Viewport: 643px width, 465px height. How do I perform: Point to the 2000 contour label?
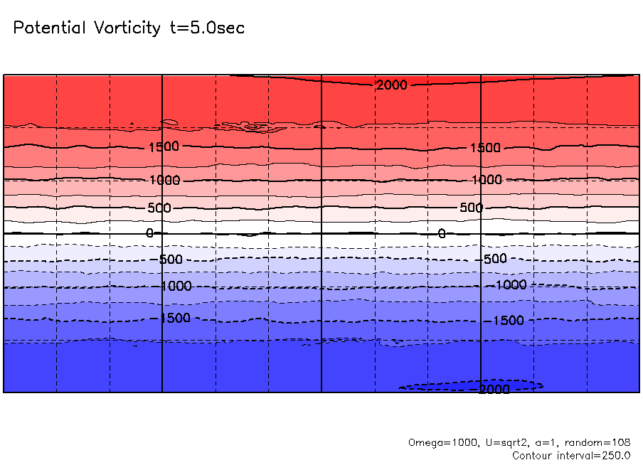(x=392, y=85)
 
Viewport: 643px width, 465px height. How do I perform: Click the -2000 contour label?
(x=494, y=390)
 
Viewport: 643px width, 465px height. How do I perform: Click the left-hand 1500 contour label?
(x=164, y=147)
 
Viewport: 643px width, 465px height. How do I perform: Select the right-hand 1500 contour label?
(x=485, y=148)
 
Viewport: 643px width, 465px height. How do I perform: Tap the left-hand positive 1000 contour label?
(x=165, y=181)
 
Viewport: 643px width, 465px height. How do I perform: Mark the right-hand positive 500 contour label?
(x=471, y=208)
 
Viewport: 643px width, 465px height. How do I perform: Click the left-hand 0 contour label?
(x=149, y=233)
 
